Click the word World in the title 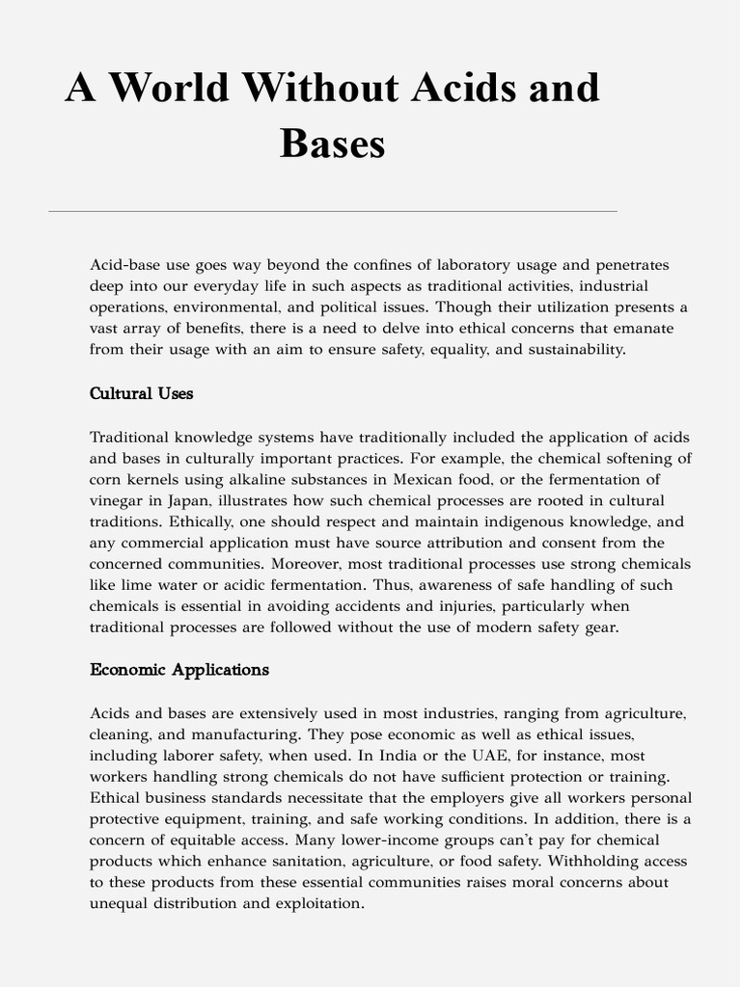tap(168, 89)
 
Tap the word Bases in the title tap(333, 145)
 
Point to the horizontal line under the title tap(333, 211)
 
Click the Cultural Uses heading tap(141, 393)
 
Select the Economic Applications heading tap(179, 669)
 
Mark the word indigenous tap(514, 521)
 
